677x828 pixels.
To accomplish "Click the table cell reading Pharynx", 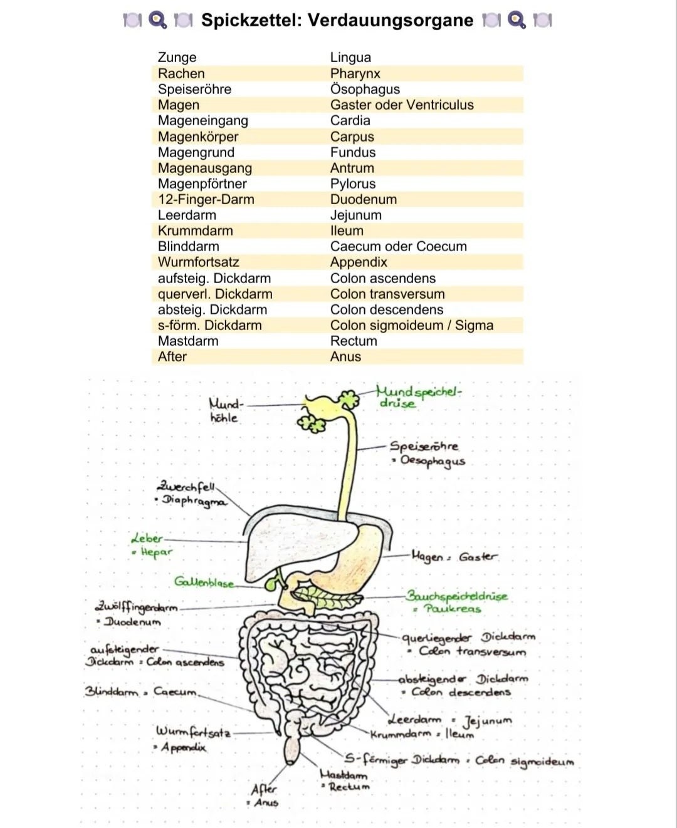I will click(x=355, y=73).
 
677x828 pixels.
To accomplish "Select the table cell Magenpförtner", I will click(x=202, y=184).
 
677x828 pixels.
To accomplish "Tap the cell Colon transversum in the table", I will click(x=387, y=294).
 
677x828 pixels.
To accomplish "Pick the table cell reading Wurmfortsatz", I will click(x=198, y=262).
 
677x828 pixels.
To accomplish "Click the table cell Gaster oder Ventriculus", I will click(x=401, y=105).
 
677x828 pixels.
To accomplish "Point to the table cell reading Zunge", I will click(x=177, y=57).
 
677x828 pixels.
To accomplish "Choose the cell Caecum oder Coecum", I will click(x=398, y=246).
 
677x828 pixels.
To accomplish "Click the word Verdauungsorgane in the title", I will click(x=390, y=20).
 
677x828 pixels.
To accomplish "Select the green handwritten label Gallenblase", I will click(x=204, y=582).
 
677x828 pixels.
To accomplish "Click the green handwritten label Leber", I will click(x=147, y=538).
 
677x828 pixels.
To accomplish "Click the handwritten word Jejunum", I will click(x=487, y=720).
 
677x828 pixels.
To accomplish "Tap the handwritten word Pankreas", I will click(x=452, y=608).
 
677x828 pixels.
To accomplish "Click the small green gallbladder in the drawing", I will click(x=271, y=584).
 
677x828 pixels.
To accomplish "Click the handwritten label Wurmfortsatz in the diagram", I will click(x=193, y=731).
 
